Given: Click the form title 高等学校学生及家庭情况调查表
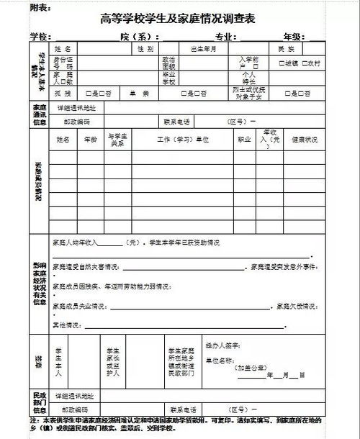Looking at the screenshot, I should click(178, 18).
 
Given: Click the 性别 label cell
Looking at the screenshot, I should click(145, 49).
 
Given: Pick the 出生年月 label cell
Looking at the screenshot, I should click(203, 49).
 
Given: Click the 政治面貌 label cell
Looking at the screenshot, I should click(169, 63).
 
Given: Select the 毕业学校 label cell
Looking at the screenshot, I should click(169, 78).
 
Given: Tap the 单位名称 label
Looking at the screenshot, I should click(220, 358).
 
